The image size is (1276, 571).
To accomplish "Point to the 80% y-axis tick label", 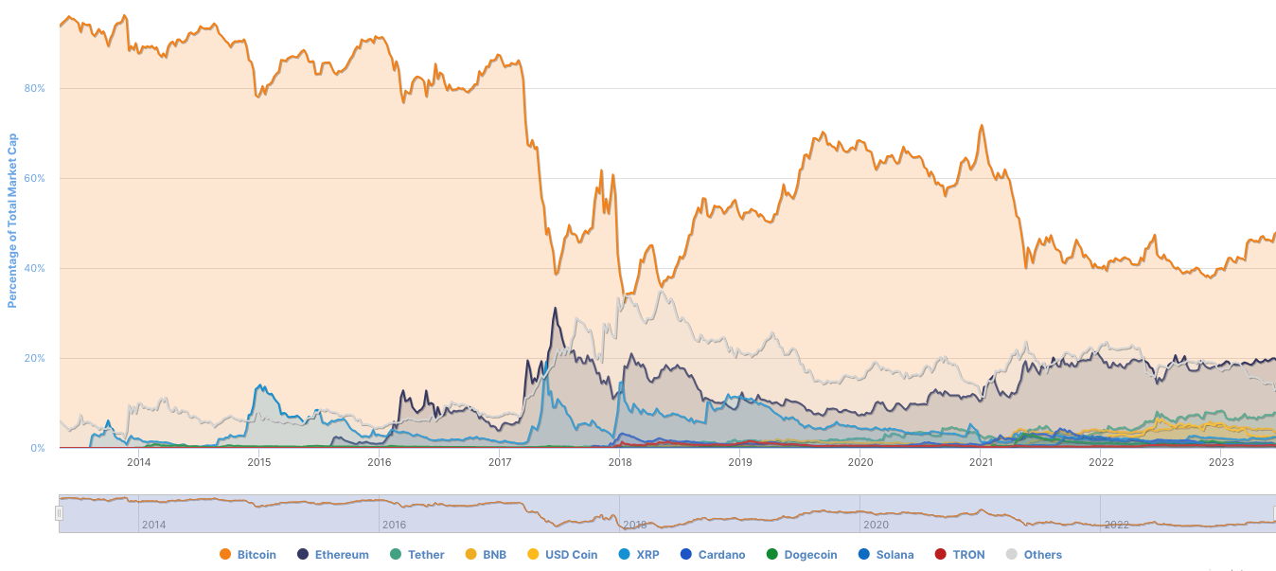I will coord(34,89).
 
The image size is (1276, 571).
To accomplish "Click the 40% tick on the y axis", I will coord(34,269).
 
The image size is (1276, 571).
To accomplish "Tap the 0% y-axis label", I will coord(37,449).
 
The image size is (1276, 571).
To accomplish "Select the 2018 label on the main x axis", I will coord(620,462).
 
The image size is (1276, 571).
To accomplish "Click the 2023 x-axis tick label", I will coord(1221,462).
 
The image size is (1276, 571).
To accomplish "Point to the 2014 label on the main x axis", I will coord(139,462).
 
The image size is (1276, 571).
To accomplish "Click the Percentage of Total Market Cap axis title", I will coord(12,220).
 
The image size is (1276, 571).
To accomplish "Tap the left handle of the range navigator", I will coord(59,512).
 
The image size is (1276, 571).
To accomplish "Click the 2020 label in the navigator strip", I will coord(876,524).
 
